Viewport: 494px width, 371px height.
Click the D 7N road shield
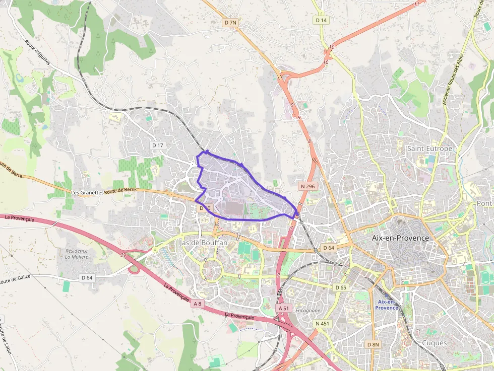click(231, 23)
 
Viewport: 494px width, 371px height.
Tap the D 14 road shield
click(321, 20)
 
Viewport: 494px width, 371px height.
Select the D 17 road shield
click(158, 145)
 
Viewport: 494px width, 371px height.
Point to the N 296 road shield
click(307, 186)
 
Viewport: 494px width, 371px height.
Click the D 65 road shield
click(341, 287)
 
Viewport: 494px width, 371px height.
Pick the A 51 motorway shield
click(284, 308)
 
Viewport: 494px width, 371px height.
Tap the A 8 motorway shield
click(197, 303)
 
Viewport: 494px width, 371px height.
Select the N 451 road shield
click(322, 323)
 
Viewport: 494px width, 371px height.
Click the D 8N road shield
click(373, 344)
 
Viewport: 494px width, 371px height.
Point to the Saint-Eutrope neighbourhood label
click(429, 149)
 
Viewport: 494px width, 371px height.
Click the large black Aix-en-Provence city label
click(400, 238)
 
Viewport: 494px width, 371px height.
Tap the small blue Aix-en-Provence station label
click(387, 305)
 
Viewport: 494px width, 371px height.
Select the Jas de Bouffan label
click(203, 243)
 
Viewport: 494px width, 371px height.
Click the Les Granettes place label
click(87, 192)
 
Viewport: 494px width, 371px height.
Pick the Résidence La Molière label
click(76, 254)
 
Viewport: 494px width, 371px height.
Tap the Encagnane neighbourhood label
click(308, 311)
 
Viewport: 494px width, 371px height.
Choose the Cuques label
click(434, 343)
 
